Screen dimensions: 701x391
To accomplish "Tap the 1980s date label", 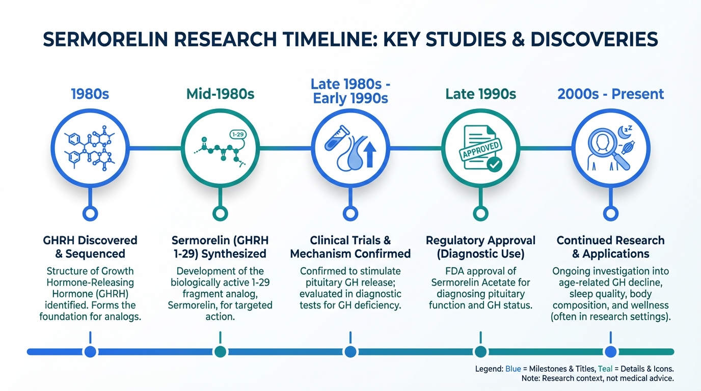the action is [90, 94].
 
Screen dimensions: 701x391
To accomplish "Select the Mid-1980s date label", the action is [220, 94].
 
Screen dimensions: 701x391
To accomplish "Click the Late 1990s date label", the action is [481, 94].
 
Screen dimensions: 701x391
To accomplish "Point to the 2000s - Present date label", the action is [610, 94].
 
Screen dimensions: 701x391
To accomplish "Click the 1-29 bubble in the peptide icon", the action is [238, 134].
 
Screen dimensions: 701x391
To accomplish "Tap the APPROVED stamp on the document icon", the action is [480, 149].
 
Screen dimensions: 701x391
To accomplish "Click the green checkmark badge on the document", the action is [495, 164].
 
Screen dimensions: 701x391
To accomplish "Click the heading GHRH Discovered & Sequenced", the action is [90, 247].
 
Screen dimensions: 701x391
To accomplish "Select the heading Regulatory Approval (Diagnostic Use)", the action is [481, 247].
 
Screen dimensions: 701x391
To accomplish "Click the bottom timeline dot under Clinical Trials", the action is [350, 352].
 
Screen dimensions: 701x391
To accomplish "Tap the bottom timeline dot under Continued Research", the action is [610, 352].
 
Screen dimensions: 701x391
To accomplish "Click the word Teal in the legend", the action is [605, 369].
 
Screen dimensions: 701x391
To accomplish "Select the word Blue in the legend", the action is [513, 369].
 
